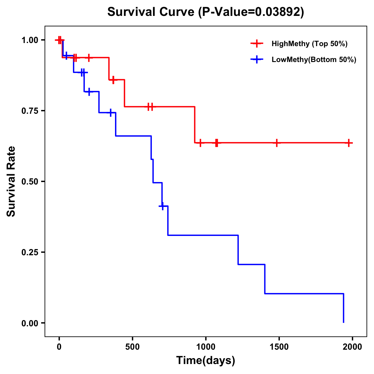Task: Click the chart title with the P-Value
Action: [x=205, y=12]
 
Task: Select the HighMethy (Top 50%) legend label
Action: [x=309, y=44]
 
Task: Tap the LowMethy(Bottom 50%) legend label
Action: [x=314, y=60]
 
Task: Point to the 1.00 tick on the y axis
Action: [x=30, y=40]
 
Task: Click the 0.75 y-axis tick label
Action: [x=30, y=111]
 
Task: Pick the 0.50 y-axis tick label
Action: [x=30, y=182]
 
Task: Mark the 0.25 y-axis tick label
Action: [x=30, y=252]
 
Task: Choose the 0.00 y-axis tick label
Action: [x=30, y=323]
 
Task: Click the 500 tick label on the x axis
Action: [x=132, y=347]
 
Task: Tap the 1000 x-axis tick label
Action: [x=206, y=347]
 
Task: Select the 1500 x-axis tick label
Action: [x=279, y=347]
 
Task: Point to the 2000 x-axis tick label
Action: [x=352, y=347]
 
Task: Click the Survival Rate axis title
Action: [x=11, y=181]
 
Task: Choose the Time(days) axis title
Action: [x=206, y=361]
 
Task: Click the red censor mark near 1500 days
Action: [x=276, y=143]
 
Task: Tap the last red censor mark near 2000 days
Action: [x=349, y=143]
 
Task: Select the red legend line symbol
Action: [x=257, y=44]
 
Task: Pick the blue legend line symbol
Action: [x=257, y=60]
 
